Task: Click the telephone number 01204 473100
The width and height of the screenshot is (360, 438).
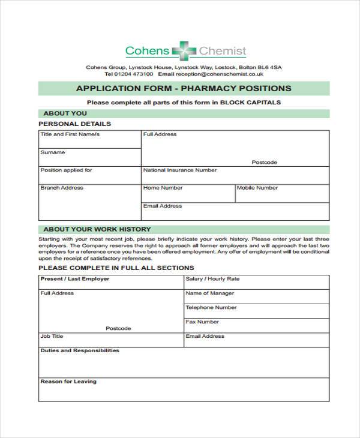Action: (x=133, y=74)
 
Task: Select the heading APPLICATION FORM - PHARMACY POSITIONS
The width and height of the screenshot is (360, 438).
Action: (x=184, y=88)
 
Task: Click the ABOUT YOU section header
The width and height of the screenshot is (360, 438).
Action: (x=65, y=113)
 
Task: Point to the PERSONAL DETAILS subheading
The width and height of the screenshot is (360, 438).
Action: (x=74, y=124)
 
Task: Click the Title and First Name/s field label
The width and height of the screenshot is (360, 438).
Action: (x=70, y=134)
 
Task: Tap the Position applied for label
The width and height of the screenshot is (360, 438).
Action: (x=66, y=170)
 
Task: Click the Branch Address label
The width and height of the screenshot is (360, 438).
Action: (x=62, y=188)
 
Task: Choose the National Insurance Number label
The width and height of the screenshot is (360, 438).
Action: (x=180, y=170)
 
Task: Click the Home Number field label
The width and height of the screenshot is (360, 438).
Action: (x=163, y=188)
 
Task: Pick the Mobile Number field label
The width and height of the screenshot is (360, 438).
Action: (x=257, y=188)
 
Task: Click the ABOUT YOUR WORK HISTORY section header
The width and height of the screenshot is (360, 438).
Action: (x=97, y=229)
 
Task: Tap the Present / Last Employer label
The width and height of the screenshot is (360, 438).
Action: (x=75, y=279)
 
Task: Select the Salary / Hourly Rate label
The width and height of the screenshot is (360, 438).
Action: (x=212, y=279)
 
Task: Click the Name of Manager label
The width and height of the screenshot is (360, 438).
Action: (x=210, y=293)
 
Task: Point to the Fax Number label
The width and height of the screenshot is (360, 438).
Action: (x=202, y=322)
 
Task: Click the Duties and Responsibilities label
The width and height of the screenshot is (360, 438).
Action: (x=80, y=350)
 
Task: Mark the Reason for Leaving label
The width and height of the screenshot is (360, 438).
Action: (x=68, y=382)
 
